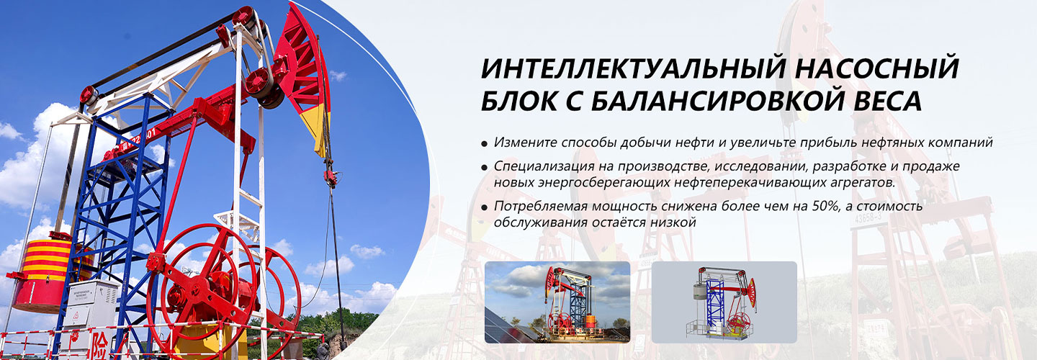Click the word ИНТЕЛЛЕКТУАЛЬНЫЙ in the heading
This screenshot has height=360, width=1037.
pyautogui.click(x=634, y=68)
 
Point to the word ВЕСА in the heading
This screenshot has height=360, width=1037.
pyautogui.click(x=888, y=101)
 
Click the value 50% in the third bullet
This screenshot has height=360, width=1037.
pyautogui.click(x=826, y=206)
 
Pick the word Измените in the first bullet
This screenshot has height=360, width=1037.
pyautogui.click(x=526, y=143)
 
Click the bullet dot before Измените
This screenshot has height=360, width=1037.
pyautogui.click(x=484, y=144)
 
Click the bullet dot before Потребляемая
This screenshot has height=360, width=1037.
pyautogui.click(x=484, y=207)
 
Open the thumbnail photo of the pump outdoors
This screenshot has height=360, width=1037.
pyautogui.click(x=557, y=302)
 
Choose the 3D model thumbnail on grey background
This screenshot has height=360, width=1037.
pyautogui.click(x=724, y=302)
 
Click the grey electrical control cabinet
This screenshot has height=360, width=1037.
pyautogui.click(x=92, y=303)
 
